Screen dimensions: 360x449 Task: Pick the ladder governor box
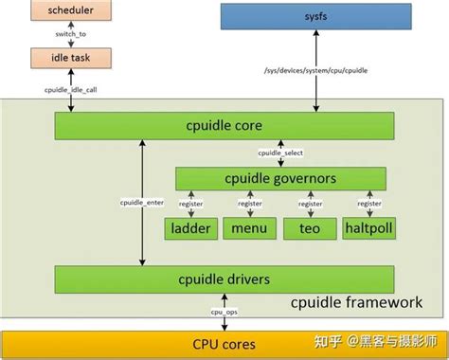point(191,227)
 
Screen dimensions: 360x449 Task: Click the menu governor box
point(249,227)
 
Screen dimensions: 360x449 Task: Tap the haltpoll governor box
point(368,227)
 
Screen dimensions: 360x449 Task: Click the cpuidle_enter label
point(142,202)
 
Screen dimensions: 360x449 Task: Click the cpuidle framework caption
point(355,302)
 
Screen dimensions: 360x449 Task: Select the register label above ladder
point(192,204)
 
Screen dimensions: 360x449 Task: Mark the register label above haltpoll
point(368,204)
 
